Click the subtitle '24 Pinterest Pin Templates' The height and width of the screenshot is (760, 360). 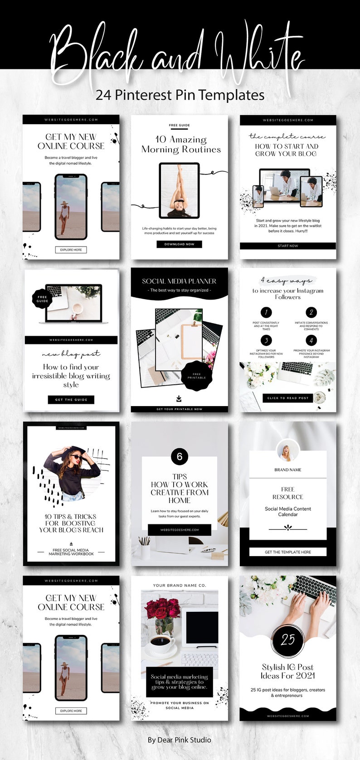tap(180, 95)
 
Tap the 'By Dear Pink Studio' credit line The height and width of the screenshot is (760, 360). tap(180, 740)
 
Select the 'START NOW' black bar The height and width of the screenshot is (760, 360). tap(288, 246)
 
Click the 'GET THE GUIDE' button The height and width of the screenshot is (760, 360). tap(71, 399)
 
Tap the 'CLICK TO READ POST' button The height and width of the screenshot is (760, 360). tap(288, 398)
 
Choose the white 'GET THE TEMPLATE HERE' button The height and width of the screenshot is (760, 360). tap(288, 552)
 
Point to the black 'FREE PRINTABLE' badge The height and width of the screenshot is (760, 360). tap(197, 376)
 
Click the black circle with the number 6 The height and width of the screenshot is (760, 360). tap(180, 456)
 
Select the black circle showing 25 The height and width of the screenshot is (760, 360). tap(288, 639)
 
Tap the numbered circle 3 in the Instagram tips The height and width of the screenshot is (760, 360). tap(266, 340)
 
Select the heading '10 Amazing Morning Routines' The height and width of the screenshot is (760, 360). tap(181, 145)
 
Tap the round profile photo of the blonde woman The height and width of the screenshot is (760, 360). tap(288, 451)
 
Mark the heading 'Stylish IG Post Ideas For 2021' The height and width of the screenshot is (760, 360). tap(288, 671)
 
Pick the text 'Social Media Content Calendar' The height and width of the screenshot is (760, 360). tap(288, 512)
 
